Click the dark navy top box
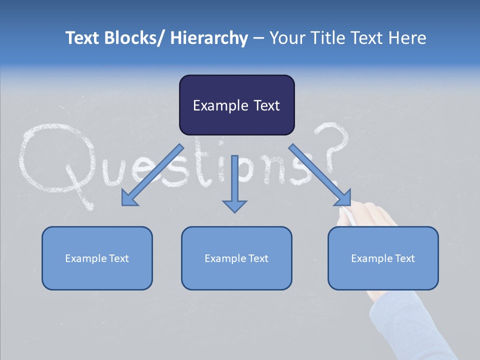coord(236,105)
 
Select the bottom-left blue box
coord(97,258)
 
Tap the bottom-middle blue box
coord(236,258)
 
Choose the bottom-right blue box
coord(383,258)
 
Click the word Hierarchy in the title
coord(209,38)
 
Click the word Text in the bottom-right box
coord(404,258)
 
